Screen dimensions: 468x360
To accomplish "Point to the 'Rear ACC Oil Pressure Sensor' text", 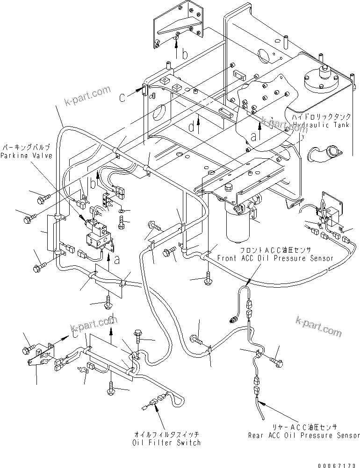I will [x=304, y=435].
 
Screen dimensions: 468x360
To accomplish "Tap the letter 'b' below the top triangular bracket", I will [x=185, y=55].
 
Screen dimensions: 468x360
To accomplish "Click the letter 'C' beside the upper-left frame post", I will [x=122, y=98].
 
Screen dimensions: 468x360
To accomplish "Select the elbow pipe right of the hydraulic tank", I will [x=325, y=153].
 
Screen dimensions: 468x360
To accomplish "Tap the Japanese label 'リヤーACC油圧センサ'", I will [x=304, y=427].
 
